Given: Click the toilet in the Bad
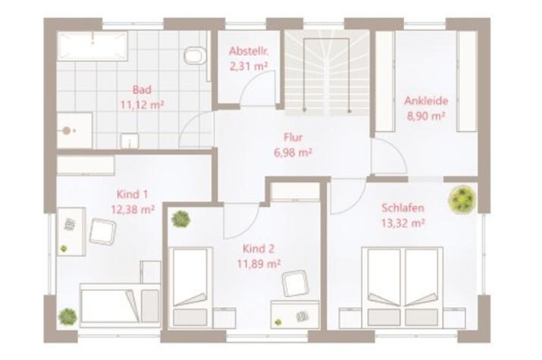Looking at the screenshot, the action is click(x=196, y=55).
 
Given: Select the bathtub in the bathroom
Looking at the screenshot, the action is click(x=92, y=46).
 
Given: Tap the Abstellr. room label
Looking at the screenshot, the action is click(x=249, y=51).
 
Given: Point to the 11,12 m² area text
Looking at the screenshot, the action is click(x=142, y=105).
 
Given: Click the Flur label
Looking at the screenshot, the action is click(x=293, y=137).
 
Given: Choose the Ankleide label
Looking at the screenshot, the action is click(x=426, y=101).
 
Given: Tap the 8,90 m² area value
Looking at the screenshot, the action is click(x=426, y=116).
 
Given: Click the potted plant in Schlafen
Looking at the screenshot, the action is click(x=462, y=199).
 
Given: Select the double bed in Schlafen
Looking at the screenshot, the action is click(x=403, y=287).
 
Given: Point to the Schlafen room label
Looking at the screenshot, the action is click(x=403, y=208).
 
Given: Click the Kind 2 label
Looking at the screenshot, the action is click(x=258, y=249).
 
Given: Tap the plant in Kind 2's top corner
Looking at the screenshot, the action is click(x=180, y=219).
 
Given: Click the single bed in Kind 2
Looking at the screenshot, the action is click(x=190, y=287).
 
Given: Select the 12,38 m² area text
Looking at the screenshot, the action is click(x=133, y=209).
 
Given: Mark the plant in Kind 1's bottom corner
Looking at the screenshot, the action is click(x=67, y=316).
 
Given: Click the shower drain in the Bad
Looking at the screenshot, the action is click(x=67, y=130).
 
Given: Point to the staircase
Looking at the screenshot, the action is click(x=327, y=73).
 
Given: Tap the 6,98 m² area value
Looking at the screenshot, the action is click(x=293, y=152).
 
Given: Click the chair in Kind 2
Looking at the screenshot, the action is click(x=295, y=283).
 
